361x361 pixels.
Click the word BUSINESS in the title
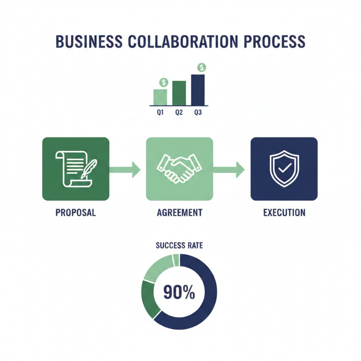pyautogui.click(x=89, y=42)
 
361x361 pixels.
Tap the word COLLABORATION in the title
pyautogui.click(x=183, y=42)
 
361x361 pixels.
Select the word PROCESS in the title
pyautogui.click(x=274, y=42)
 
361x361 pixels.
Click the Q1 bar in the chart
pyautogui.click(x=160, y=97)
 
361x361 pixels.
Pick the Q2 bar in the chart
pyautogui.click(x=179, y=93)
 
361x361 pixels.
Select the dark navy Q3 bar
pyautogui.click(x=198, y=90)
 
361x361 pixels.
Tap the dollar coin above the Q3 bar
pyautogui.click(x=202, y=67)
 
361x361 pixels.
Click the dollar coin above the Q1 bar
pyautogui.click(x=164, y=82)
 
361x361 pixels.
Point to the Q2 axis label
pyautogui.click(x=179, y=112)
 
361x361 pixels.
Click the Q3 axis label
pyautogui.click(x=198, y=112)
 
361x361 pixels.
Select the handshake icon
pyautogui.click(x=179, y=169)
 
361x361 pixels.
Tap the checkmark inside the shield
pyautogui.click(x=285, y=168)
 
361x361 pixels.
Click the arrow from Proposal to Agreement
pyautogui.click(x=125, y=170)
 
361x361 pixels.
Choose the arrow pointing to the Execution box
pyautogui.click(x=229, y=170)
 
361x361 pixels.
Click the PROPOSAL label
pyautogui.click(x=76, y=213)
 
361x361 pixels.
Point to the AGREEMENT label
pyautogui.click(x=180, y=213)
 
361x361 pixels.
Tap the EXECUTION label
pyautogui.click(x=285, y=213)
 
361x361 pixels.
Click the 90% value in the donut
pyautogui.click(x=179, y=292)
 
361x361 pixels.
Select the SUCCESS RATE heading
pyautogui.click(x=179, y=245)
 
